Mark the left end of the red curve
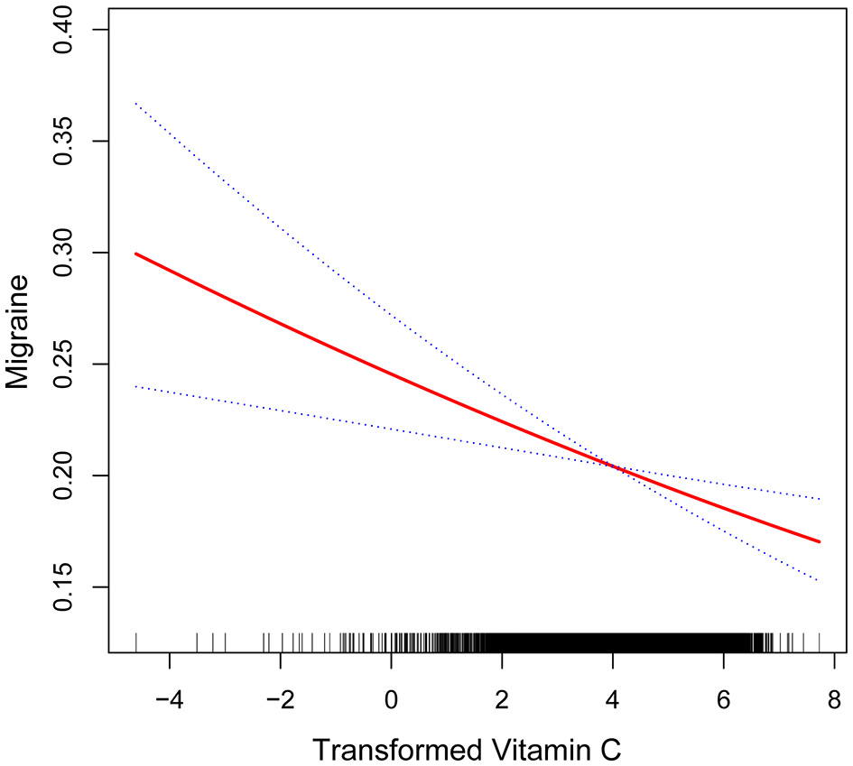coord(135,254)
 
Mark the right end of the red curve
coord(820,541)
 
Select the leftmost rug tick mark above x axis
coord(135,641)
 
